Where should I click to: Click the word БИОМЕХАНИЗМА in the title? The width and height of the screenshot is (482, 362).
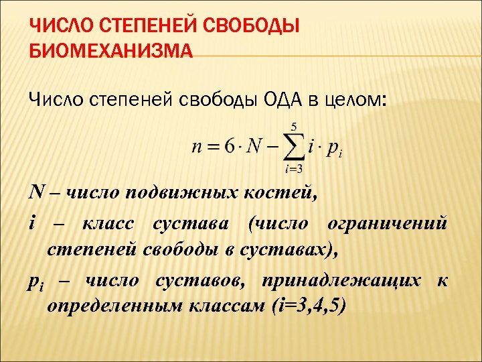(x=110, y=52)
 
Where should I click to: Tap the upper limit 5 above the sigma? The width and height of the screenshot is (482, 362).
(x=293, y=125)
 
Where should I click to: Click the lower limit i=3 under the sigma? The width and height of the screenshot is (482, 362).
(x=292, y=169)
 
